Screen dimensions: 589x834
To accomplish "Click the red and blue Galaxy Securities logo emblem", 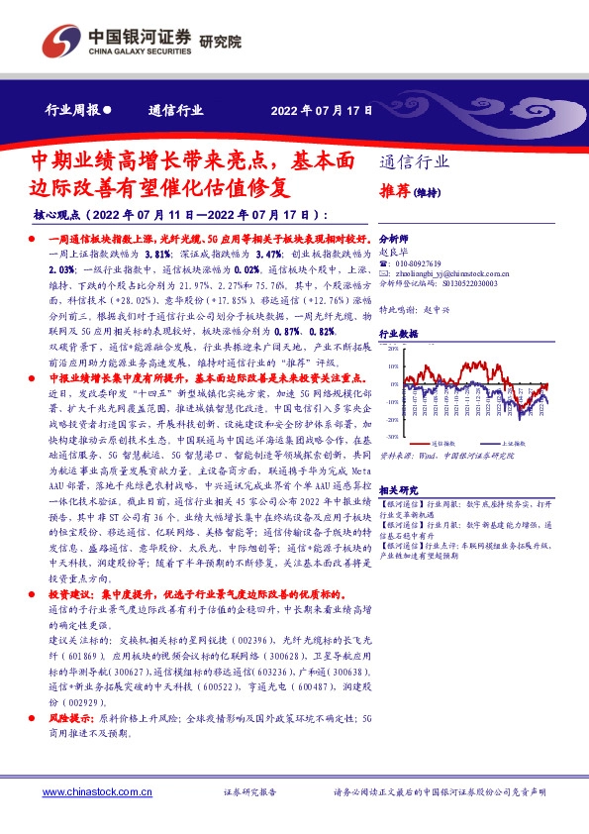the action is pos(58,41).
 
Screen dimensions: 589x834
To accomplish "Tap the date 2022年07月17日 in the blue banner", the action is pos(322,110).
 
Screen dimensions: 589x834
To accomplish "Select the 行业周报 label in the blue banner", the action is pos(72,110).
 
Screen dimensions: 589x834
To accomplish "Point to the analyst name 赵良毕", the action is pos(393,252).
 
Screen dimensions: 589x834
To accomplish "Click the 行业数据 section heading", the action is pos(399,335).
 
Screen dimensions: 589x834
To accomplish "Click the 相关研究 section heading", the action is pos(399,489).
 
